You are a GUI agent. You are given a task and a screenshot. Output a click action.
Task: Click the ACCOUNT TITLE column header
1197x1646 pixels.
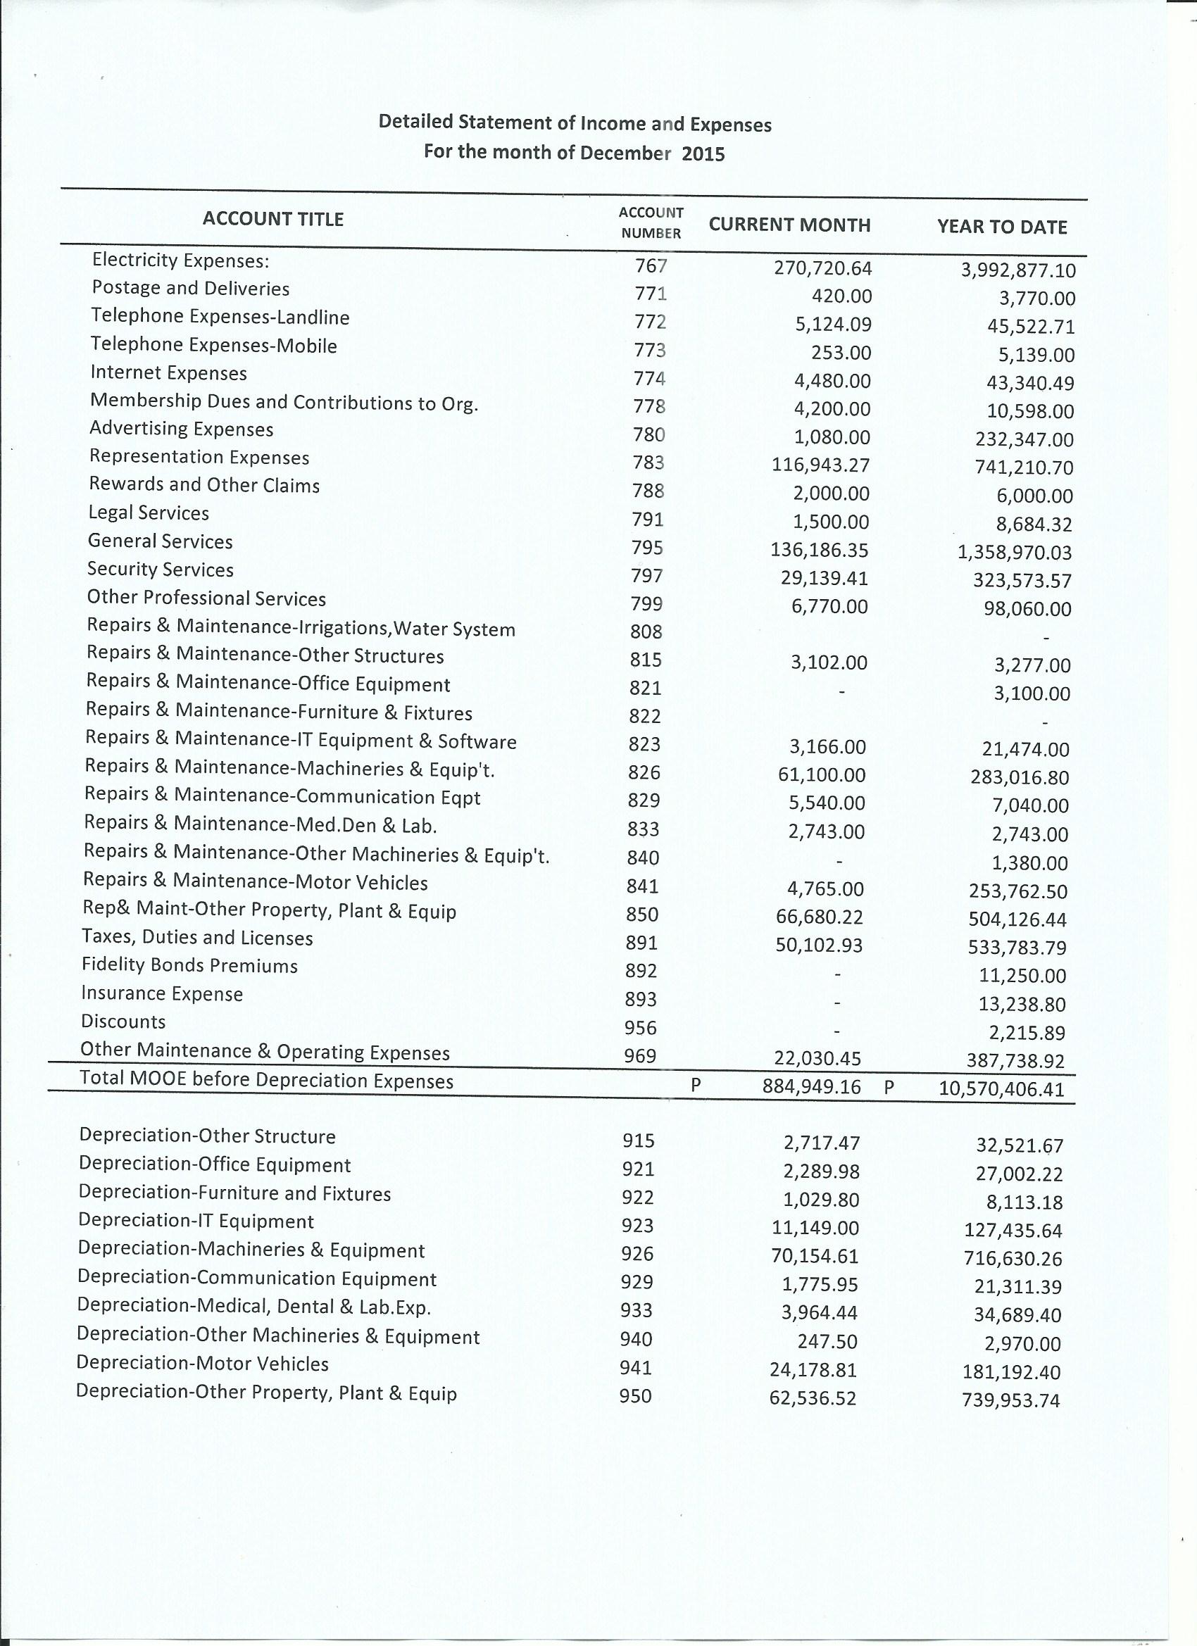273,219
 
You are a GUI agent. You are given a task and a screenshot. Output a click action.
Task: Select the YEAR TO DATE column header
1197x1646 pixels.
1002,227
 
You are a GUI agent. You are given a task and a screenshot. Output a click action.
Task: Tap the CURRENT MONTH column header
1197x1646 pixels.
789,225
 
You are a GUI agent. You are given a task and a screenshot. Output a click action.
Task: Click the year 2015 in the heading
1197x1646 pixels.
703,155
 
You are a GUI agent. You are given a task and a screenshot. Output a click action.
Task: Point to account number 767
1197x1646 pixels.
651,266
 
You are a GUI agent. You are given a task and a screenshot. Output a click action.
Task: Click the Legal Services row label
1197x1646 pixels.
149,513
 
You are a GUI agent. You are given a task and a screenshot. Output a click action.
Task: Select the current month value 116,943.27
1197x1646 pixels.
820,465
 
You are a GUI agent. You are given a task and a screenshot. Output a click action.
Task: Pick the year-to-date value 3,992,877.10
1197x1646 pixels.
1017,271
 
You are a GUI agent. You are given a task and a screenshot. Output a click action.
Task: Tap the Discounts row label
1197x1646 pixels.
123,1022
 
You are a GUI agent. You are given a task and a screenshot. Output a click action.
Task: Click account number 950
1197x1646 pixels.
635,1395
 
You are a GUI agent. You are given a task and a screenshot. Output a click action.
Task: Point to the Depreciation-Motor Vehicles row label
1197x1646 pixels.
203,1364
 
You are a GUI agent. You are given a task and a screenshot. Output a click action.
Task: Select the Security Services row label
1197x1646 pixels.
161,570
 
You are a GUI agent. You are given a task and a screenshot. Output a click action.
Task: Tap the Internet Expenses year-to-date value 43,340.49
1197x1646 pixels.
1030,383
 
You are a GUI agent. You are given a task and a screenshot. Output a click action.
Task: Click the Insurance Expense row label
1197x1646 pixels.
162,993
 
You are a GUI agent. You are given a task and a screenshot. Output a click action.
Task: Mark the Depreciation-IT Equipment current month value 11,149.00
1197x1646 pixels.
815,1228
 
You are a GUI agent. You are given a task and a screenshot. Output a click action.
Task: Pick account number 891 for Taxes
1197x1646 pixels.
641,943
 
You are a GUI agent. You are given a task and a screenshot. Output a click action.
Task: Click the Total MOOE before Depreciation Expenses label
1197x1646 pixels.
266,1080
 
